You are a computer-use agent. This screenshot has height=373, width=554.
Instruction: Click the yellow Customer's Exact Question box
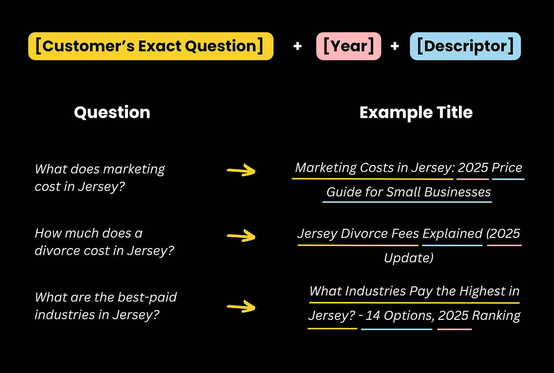pos(150,46)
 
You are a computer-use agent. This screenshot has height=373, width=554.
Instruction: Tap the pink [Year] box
pos(348,46)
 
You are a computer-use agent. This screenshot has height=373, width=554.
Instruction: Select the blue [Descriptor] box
pos(465,46)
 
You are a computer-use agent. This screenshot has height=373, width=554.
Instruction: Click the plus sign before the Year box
pos(298,46)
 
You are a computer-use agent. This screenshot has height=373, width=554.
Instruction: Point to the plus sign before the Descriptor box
pos(395,46)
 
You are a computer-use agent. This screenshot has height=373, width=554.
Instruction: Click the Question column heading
pos(112,112)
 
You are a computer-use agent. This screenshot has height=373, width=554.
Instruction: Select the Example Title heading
pos(416,112)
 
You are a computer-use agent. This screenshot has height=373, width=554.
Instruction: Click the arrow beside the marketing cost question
pos(241,171)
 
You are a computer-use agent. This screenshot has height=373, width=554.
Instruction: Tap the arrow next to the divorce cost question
pos(241,236)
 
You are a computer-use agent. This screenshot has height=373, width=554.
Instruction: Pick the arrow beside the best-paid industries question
pos(241,307)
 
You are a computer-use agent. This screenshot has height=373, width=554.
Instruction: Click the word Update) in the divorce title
pos(409,258)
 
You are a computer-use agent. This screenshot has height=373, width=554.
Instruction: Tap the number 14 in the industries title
pos(373,315)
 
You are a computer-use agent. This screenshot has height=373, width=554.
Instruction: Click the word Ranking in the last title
pos(496,315)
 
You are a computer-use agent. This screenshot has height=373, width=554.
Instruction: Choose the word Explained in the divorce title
pos(452,233)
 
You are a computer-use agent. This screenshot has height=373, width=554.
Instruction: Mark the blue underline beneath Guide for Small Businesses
pos(407,202)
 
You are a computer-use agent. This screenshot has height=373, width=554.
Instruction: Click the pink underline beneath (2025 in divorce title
pos(504,245)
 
